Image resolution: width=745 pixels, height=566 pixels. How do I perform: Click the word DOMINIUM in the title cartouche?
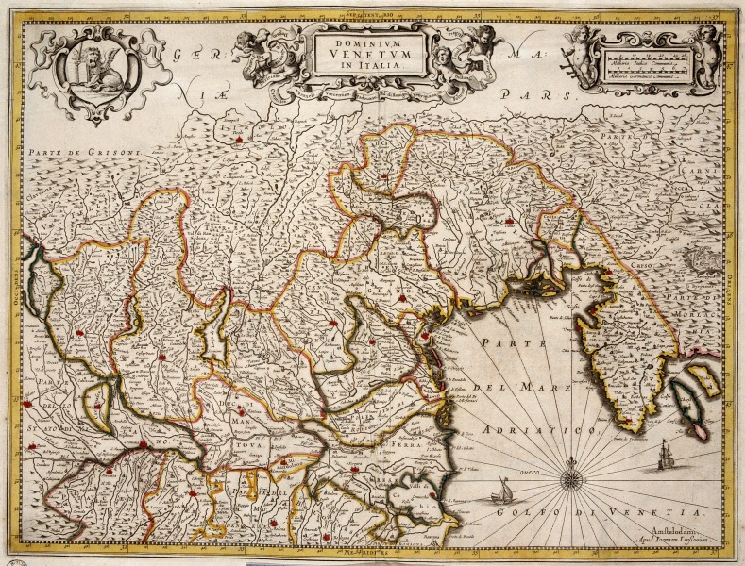[369, 41]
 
